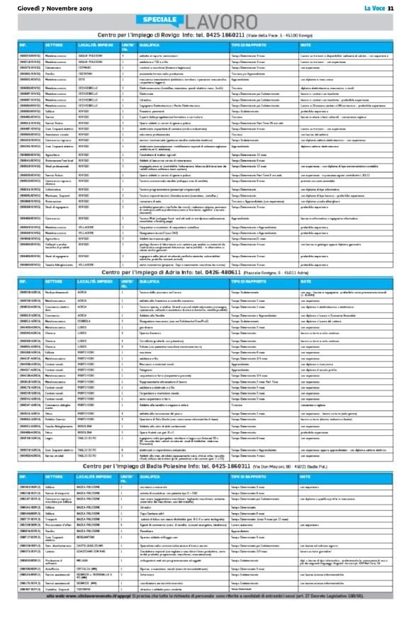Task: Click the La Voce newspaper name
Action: (x=377, y=6)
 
